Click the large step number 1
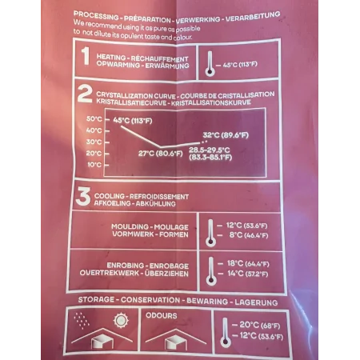click(86, 56)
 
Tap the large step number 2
click(85, 94)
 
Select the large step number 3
click(83, 196)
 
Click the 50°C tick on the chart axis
click(94, 119)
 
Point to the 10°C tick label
click(94, 165)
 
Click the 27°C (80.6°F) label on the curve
click(161, 154)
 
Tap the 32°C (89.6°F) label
click(226, 135)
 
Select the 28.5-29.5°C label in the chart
click(210, 150)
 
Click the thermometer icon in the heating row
click(210, 64)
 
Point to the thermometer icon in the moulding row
click(210, 233)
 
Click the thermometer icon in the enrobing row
click(211, 271)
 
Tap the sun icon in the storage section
click(121, 320)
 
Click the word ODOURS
click(162, 316)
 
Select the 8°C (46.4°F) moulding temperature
click(249, 235)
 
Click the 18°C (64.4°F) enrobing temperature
click(248, 264)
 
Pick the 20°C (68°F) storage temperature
click(260, 325)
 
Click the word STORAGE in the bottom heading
click(96, 299)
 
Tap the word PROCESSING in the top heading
click(96, 15)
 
